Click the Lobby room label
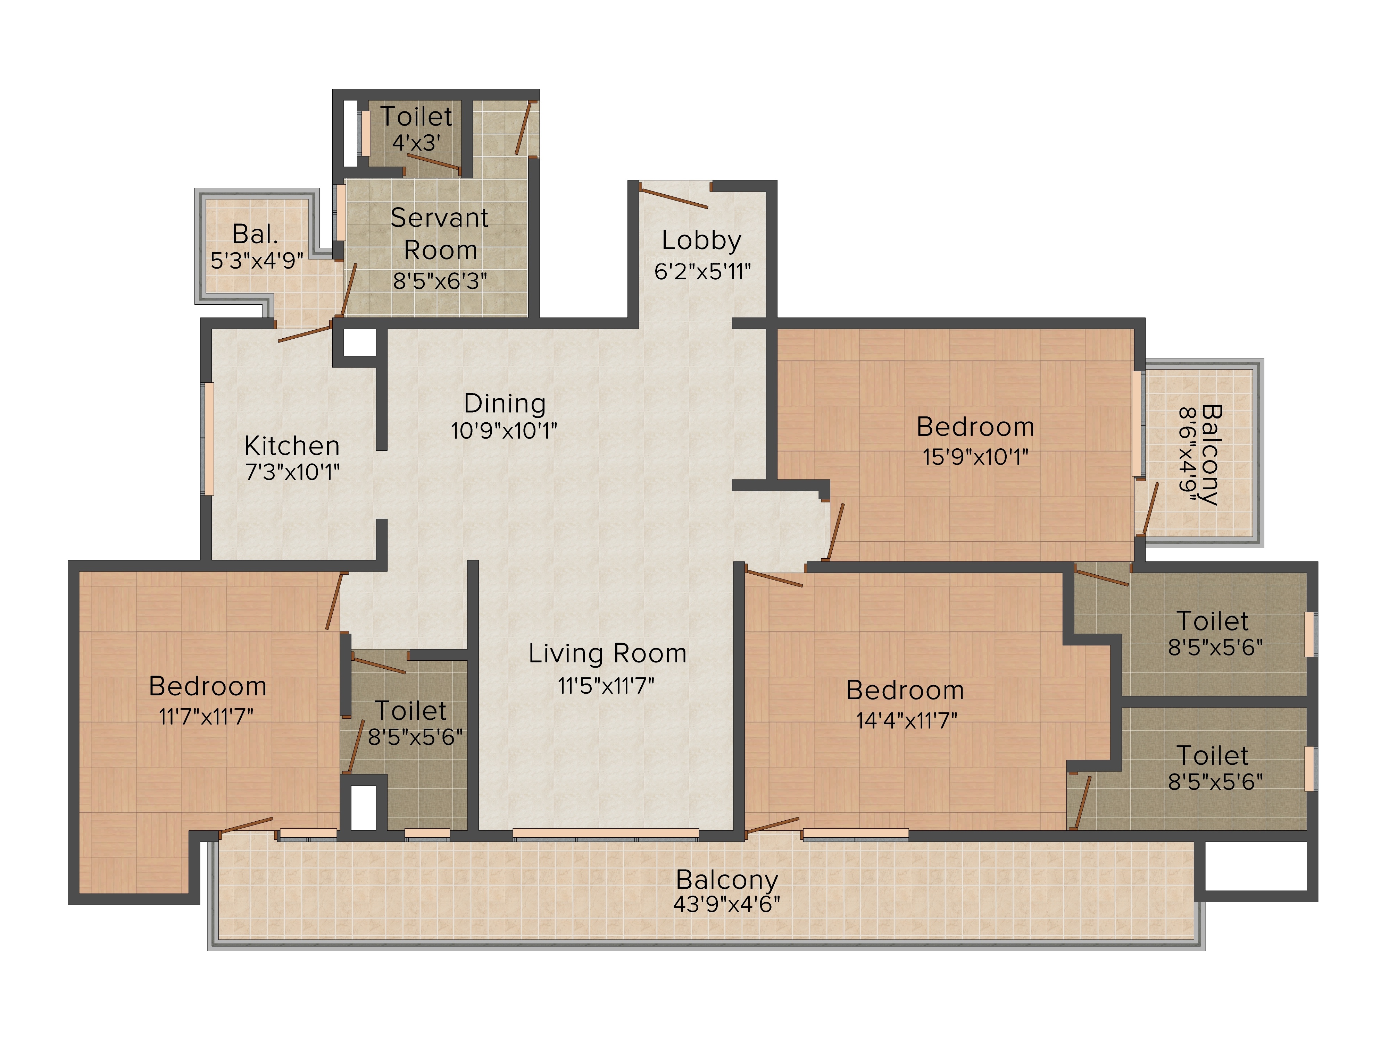(701, 240)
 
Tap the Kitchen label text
(292, 446)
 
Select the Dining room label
(505, 404)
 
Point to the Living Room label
(607, 653)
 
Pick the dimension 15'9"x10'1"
(975, 456)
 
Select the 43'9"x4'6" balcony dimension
(726, 904)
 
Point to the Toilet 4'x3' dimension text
(416, 143)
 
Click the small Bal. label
(255, 234)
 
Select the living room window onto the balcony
(606, 834)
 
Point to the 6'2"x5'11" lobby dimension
(702, 272)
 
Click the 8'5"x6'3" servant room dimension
(440, 280)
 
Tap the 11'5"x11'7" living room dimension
(606, 686)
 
